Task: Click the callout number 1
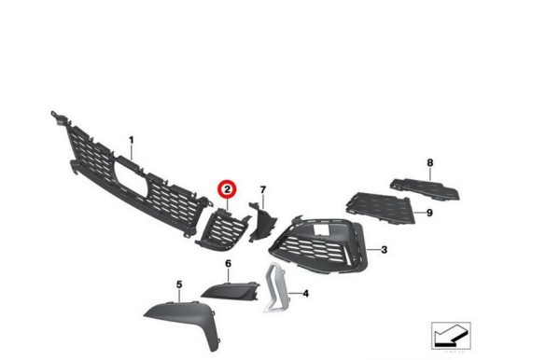coord(131,141)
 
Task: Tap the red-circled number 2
coord(228,189)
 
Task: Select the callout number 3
coord(384,249)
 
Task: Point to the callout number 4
coord(306,294)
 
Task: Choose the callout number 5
coord(179,284)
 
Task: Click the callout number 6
coord(229,264)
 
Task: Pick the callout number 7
coord(263,190)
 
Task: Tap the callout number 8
coord(430,162)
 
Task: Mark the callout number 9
coord(429,213)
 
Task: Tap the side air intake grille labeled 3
coord(318,246)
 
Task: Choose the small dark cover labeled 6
coord(231,290)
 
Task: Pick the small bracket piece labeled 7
coord(262,221)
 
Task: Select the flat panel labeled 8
coord(425,188)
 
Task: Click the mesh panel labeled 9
coord(381,207)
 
